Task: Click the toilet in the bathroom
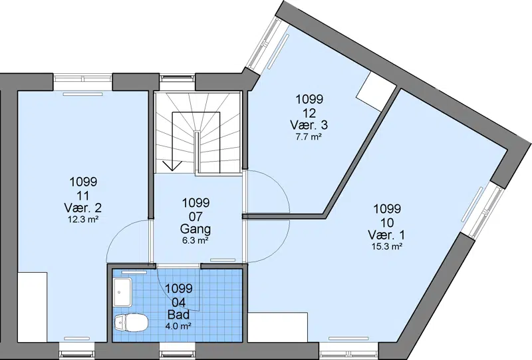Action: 131,322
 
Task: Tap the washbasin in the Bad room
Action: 123,291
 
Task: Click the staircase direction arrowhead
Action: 172,166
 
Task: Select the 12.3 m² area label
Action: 83,220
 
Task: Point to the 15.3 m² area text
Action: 387,247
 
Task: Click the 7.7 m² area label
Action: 309,137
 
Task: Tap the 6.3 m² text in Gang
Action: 196,241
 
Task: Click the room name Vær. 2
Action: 82,208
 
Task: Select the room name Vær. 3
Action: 309,125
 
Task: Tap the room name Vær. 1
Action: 387,235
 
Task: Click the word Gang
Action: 196,229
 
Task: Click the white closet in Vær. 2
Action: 32,307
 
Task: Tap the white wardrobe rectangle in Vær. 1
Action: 278,327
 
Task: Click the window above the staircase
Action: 178,78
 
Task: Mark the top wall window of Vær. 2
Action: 82,78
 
